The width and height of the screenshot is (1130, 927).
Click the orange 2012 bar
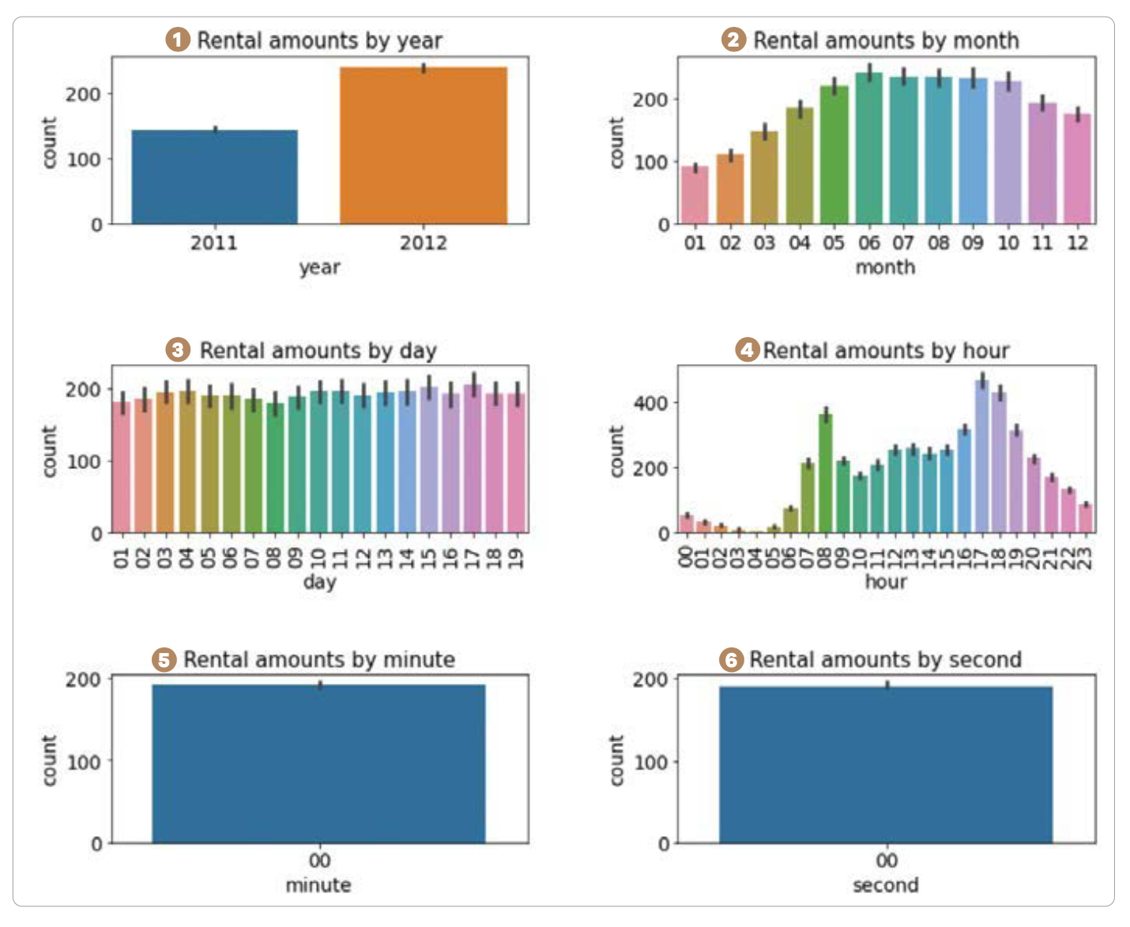(x=424, y=146)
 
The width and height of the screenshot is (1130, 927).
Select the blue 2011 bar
(x=214, y=177)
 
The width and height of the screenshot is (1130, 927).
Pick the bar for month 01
(x=695, y=195)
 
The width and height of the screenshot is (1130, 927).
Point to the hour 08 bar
(x=826, y=474)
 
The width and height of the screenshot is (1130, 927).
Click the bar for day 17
(x=473, y=459)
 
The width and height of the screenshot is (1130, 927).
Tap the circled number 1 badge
(x=178, y=39)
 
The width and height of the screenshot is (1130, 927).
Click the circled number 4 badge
(x=748, y=350)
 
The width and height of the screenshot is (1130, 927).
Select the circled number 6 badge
(x=732, y=659)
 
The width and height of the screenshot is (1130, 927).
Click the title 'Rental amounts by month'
(x=886, y=40)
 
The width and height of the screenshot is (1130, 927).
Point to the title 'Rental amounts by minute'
(x=319, y=659)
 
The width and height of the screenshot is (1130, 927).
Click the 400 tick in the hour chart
(x=651, y=403)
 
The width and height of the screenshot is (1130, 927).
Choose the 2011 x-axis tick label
(x=214, y=242)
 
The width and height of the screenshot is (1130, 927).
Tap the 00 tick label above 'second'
(x=887, y=860)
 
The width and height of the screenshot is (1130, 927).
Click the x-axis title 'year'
(x=319, y=267)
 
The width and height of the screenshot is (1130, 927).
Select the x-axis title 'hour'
(x=886, y=582)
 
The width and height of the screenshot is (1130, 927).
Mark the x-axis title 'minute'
(x=318, y=885)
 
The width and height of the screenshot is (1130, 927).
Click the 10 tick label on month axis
(x=1008, y=242)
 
